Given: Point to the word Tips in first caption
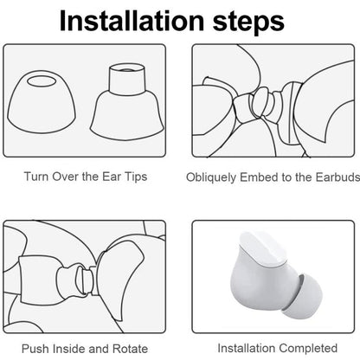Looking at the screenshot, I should pos(133,177).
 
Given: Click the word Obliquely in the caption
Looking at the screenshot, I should pos(212,177).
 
